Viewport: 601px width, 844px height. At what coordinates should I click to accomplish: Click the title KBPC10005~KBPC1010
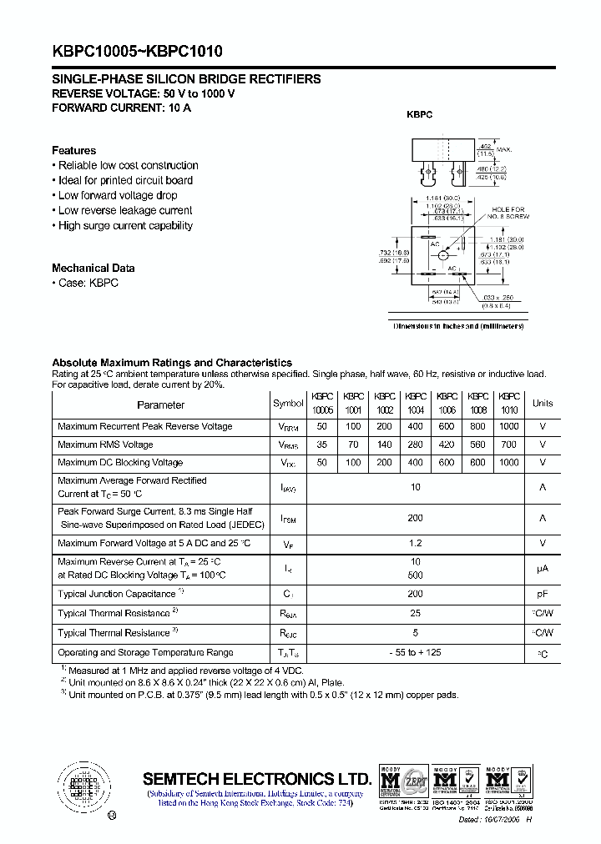click(x=137, y=51)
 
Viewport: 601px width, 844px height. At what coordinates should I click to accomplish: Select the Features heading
click(x=73, y=150)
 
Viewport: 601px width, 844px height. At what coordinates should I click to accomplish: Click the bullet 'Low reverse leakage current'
click(x=125, y=210)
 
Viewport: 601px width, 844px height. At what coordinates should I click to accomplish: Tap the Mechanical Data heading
click(x=93, y=268)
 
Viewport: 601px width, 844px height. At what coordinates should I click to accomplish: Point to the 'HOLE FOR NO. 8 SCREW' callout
click(x=508, y=214)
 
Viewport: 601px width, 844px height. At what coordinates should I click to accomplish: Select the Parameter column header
click(x=160, y=404)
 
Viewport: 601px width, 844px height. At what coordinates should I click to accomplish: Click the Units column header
click(x=543, y=404)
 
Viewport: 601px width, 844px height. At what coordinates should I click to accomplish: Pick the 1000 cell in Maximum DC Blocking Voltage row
click(x=508, y=462)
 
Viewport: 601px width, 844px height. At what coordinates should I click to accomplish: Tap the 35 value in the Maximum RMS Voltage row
click(x=322, y=445)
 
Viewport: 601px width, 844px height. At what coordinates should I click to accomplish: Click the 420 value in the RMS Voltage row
click(x=447, y=445)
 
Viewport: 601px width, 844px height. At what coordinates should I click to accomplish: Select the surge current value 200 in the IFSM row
click(x=415, y=518)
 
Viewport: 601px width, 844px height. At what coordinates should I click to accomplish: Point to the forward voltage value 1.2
click(x=415, y=544)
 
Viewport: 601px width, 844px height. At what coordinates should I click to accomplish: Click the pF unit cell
click(x=543, y=595)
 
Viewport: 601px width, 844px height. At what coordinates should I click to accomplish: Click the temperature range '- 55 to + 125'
click(x=415, y=653)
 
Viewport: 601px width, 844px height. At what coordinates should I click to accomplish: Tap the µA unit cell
click(x=543, y=568)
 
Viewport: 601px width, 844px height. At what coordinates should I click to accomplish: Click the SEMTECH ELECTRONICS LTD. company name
click(x=256, y=778)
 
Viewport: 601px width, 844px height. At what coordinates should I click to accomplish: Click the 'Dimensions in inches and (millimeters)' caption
click(x=459, y=326)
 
